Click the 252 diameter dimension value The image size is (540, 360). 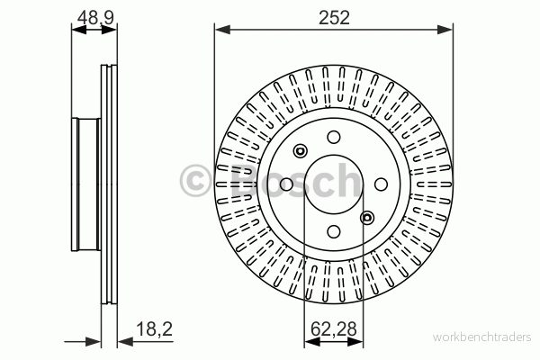(334, 18)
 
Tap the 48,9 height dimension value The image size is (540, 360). (95, 18)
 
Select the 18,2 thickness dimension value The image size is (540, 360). (154, 329)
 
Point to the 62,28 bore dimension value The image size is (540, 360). (333, 329)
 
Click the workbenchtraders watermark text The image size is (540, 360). (482, 337)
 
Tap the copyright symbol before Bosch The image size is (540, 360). (195, 181)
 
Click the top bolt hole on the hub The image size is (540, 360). (334, 137)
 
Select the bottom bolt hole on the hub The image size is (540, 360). (334, 231)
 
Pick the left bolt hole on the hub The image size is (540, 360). (286, 184)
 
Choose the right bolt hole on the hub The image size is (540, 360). (381, 184)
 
